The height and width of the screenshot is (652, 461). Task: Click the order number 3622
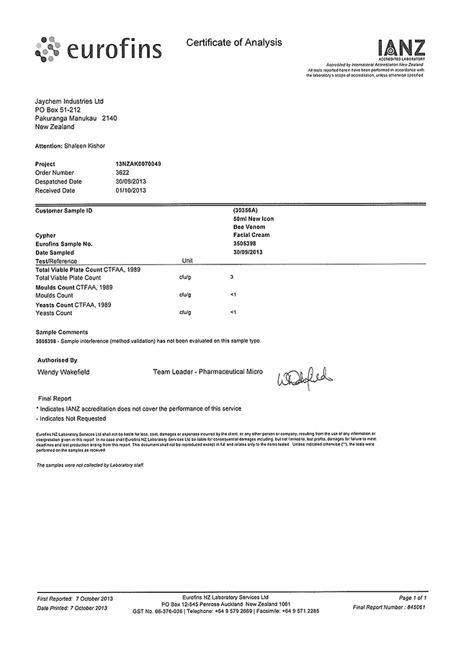click(x=123, y=173)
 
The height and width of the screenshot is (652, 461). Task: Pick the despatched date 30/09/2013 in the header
click(x=130, y=182)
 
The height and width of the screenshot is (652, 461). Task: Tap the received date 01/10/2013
click(x=130, y=191)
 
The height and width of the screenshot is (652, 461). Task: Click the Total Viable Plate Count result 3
click(x=231, y=277)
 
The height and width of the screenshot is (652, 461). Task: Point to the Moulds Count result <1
click(x=233, y=295)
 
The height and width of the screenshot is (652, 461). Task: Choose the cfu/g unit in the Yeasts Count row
click(x=184, y=313)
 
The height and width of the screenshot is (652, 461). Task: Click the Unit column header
click(x=189, y=259)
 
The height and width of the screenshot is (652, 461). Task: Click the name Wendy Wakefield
click(x=63, y=372)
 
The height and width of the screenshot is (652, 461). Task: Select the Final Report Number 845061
click(x=416, y=607)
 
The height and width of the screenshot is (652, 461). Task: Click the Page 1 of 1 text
click(x=412, y=598)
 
